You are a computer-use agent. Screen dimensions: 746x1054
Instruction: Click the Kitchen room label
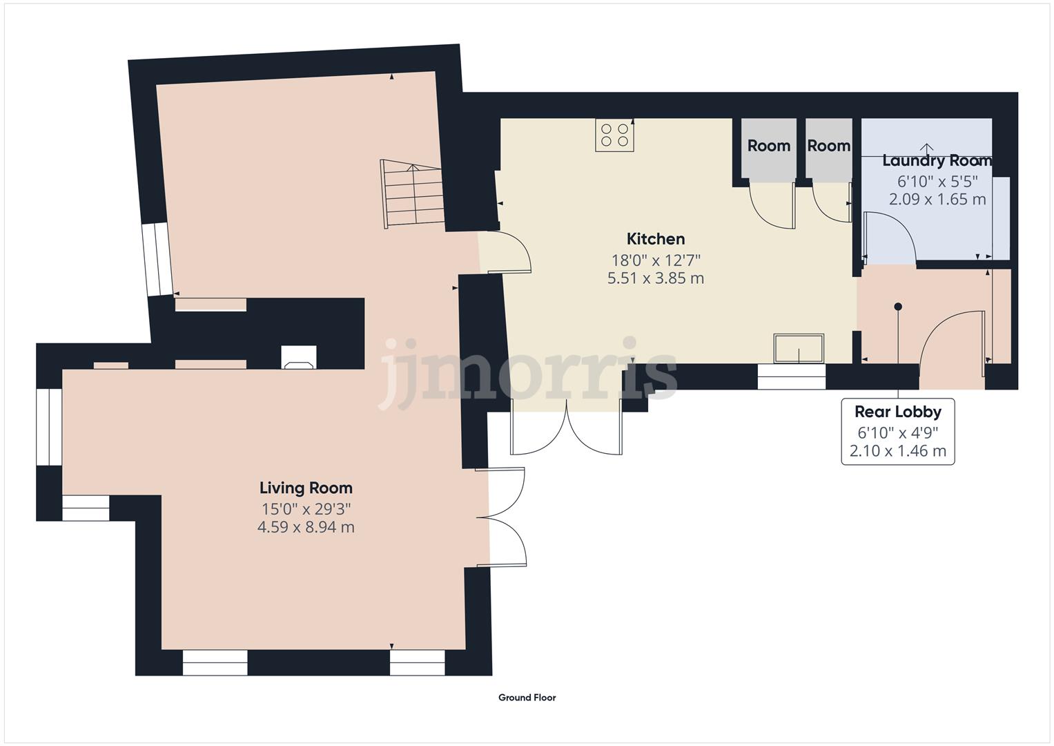(655, 239)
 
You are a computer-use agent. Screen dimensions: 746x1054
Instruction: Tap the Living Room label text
(306, 488)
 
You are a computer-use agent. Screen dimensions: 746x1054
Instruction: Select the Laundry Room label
(937, 161)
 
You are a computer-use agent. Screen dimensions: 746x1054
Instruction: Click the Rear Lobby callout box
(897, 431)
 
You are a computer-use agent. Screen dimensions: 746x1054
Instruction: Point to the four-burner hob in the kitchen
(614, 135)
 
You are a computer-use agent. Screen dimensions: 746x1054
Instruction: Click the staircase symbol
(412, 195)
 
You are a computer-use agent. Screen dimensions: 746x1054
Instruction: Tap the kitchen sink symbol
(799, 348)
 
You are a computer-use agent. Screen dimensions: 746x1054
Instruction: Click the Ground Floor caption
(527, 698)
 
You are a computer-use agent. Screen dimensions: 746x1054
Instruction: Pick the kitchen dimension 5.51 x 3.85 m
(655, 278)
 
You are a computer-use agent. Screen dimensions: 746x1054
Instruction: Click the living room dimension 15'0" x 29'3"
(306, 509)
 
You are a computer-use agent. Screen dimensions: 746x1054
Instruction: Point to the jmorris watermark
(528, 373)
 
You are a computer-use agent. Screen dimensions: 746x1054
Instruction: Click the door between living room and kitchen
(507, 254)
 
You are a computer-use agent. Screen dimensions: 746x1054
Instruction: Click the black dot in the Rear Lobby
(898, 307)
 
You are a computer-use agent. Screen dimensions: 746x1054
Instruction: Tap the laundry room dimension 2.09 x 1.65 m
(937, 200)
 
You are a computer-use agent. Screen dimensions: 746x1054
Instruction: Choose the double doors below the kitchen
(566, 428)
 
